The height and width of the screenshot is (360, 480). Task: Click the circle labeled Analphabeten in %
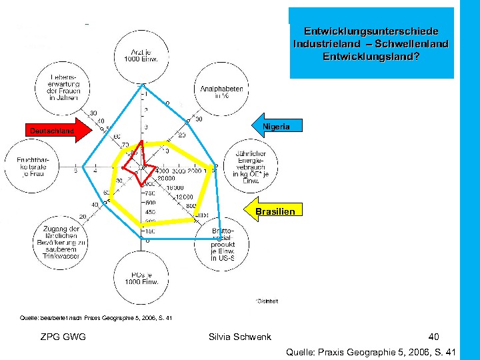click(x=221, y=92)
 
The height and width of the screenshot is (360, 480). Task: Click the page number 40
click(x=434, y=337)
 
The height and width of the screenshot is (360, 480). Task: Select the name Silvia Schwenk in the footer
click(x=240, y=337)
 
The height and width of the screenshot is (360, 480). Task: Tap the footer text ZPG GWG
click(x=63, y=337)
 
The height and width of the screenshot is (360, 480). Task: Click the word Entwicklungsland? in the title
click(x=371, y=56)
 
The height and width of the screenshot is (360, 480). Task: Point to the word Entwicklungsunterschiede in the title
click(x=371, y=31)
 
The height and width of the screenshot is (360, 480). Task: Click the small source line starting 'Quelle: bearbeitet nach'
click(x=97, y=317)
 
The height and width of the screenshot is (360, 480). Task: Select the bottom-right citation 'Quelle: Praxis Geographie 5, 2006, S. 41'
click(x=370, y=351)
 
